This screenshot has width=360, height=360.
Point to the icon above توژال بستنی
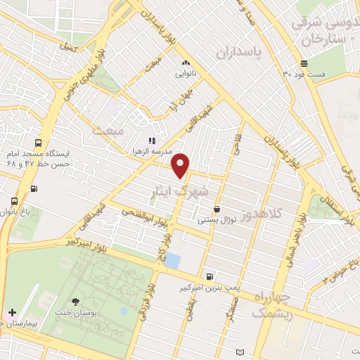[216, 209]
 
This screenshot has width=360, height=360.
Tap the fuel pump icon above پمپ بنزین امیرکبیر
[210, 275]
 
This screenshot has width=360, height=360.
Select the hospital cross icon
[12, 311]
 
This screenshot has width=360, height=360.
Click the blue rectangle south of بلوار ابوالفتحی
[172, 260]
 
